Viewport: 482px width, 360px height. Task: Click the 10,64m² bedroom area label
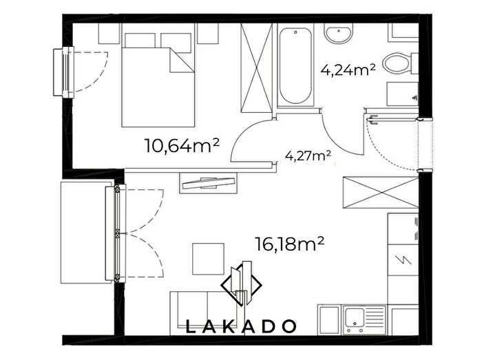pyautogui.click(x=182, y=146)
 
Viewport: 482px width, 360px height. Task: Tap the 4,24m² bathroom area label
pyautogui.click(x=348, y=70)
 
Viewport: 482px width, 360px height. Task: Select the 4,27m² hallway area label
pyautogui.click(x=308, y=156)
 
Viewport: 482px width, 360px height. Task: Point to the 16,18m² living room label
pyautogui.click(x=290, y=244)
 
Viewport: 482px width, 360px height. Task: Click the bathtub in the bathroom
pyautogui.click(x=295, y=65)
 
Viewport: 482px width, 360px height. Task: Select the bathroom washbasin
pyautogui.click(x=339, y=33)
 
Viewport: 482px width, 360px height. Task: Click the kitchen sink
pyautogui.click(x=365, y=319)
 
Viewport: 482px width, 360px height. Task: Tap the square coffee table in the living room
pyautogui.click(x=209, y=259)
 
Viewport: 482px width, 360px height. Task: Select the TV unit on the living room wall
pyautogui.click(x=209, y=183)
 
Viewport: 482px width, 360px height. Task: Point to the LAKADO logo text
pyautogui.click(x=241, y=326)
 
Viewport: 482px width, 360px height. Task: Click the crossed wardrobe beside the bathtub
pyautogui.click(x=256, y=67)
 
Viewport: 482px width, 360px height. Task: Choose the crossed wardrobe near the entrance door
pyautogui.click(x=381, y=193)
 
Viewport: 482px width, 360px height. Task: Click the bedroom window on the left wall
pyautogui.click(x=64, y=72)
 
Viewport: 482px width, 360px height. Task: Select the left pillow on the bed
pyautogui.click(x=140, y=41)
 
